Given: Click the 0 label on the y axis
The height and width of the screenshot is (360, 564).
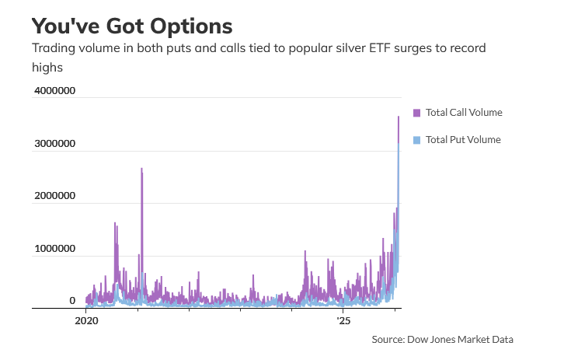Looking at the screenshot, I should [x=72, y=301].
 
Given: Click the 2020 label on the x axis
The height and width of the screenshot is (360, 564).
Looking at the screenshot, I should [x=85, y=320].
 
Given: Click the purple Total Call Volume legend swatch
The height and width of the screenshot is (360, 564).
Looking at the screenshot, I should [x=416, y=113].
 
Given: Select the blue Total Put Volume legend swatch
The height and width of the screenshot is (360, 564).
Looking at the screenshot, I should [x=416, y=140].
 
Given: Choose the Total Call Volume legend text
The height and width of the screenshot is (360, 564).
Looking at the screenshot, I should [x=464, y=113].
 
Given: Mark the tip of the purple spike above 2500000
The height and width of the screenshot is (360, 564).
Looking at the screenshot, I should [x=141, y=169].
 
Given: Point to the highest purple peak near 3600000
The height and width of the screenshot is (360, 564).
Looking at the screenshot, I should [x=399, y=117].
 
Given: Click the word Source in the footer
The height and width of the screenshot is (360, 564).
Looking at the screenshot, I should [x=388, y=339].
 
